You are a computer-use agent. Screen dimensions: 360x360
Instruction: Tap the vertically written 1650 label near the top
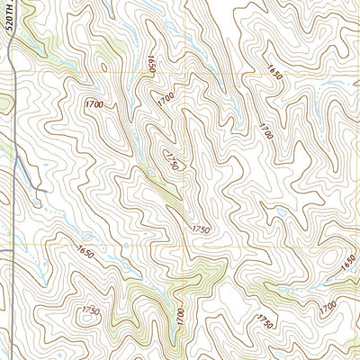(151, 66)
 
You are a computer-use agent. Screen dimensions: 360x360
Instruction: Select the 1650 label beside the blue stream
(348, 263)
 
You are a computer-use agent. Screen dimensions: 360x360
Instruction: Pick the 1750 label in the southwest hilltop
(91, 310)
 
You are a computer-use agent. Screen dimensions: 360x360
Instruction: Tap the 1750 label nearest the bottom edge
(264, 320)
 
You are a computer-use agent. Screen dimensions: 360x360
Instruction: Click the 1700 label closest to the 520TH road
(94, 106)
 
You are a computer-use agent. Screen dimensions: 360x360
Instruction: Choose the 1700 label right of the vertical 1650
(165, 95)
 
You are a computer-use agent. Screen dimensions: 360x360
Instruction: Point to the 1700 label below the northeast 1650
(264, 131)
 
